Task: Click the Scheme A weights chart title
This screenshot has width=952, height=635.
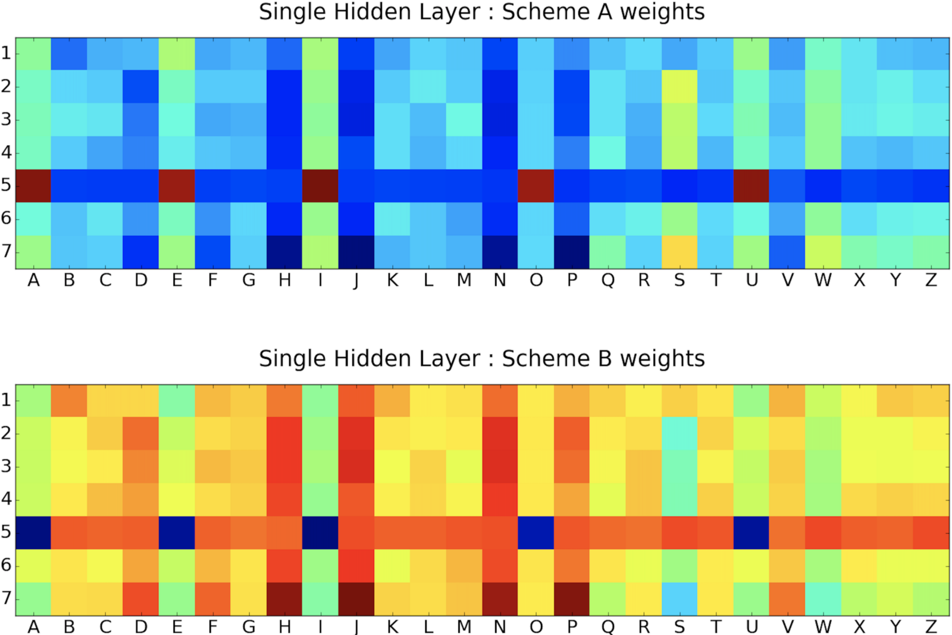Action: click(481, 12)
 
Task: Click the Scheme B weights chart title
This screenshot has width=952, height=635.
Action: click(481, 359)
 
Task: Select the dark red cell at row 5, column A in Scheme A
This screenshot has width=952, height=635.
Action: click(33, 186)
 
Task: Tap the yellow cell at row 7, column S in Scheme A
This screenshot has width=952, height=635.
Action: click(679, 252)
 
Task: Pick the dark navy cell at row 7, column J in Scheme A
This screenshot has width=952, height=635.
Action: click(356, 252)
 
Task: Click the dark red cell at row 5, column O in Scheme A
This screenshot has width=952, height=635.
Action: click(536, 186)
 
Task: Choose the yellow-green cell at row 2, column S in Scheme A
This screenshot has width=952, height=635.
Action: click(679, 86)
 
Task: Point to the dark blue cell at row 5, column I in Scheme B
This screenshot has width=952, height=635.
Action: click(320, 532)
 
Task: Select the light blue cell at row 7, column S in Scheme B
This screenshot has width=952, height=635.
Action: click(679, 599)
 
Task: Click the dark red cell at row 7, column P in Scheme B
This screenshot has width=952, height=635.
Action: click(572, 599)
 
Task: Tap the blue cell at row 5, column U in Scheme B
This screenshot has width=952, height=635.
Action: click(751, 532)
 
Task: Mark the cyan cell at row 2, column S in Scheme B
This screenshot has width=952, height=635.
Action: click(679, 433)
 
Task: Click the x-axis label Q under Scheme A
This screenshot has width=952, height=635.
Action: click(607, 280)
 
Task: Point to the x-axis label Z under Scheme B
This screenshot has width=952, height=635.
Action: click(931, 627)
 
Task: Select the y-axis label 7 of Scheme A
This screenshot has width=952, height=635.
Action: click(7, 252)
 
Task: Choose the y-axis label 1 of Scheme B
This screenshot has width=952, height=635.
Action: click(7, 400)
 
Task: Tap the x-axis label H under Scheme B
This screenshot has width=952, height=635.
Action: click(285, 627)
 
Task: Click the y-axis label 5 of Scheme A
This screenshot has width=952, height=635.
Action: click(7, 186)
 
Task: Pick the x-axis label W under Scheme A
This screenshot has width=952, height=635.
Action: click(823, 280)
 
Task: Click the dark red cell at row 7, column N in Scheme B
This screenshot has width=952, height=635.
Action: click(500, 599)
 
